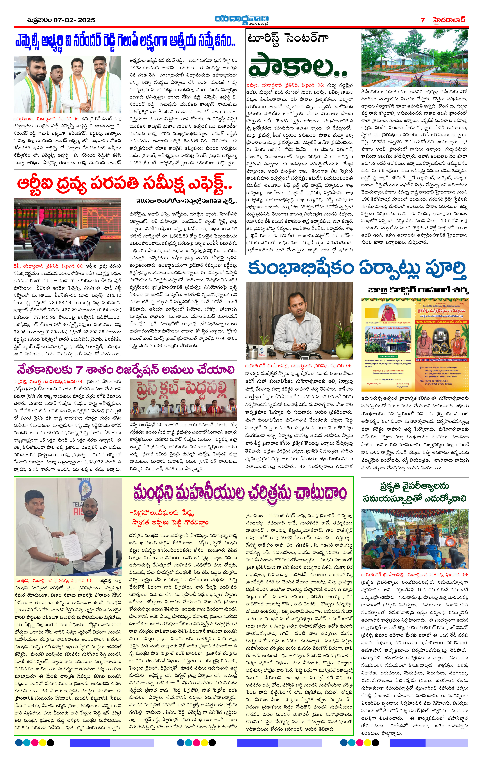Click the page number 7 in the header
pos(423,20)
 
